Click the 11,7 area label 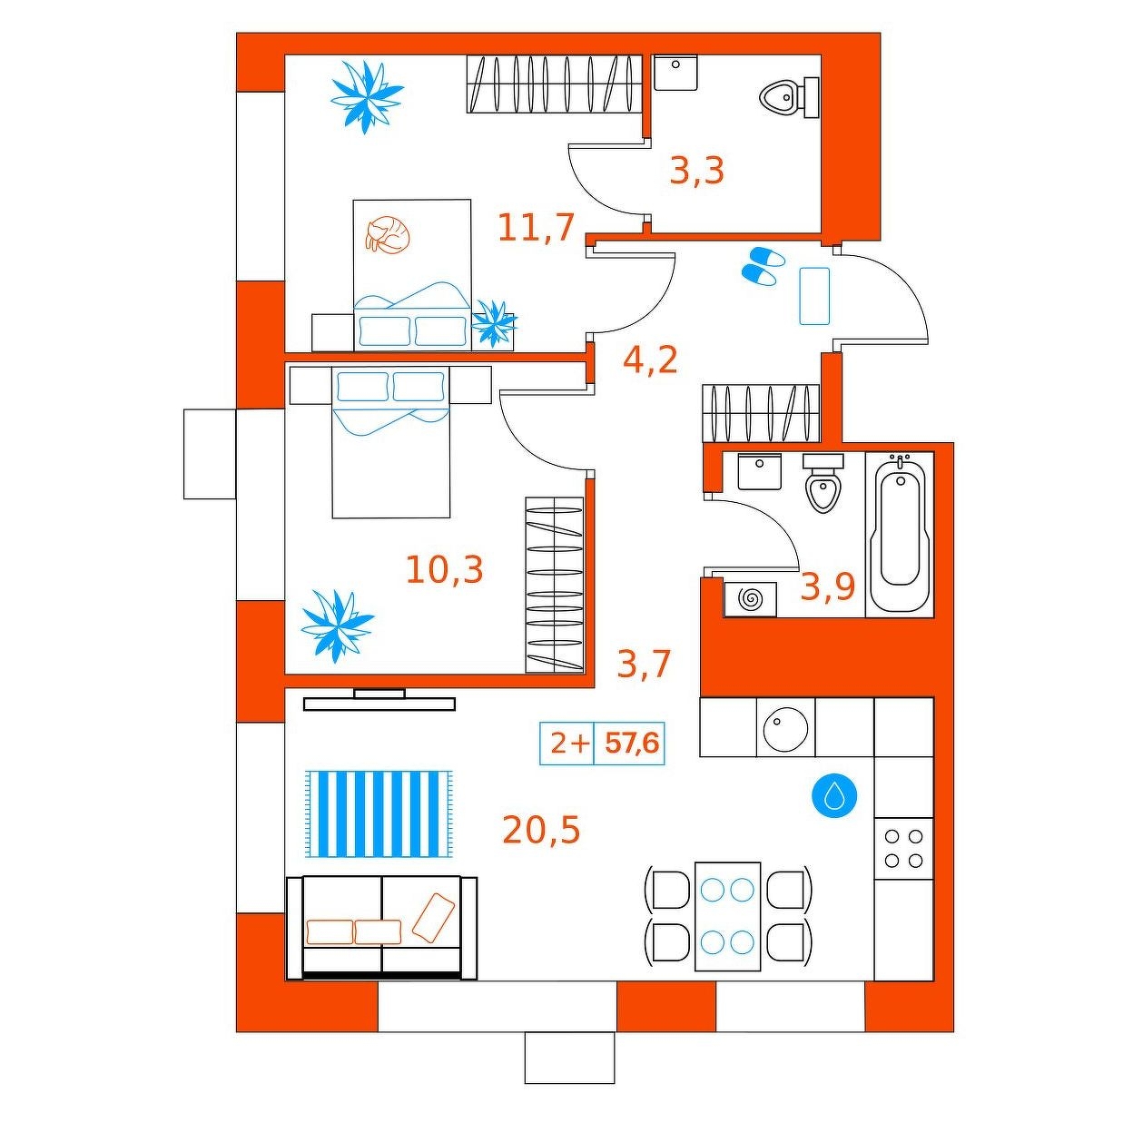536,228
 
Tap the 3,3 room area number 696,171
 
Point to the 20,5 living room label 541,830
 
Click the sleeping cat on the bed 386,233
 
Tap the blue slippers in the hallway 763,266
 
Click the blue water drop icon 833,797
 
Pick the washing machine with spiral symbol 750,599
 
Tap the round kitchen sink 785,727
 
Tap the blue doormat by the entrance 814,296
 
